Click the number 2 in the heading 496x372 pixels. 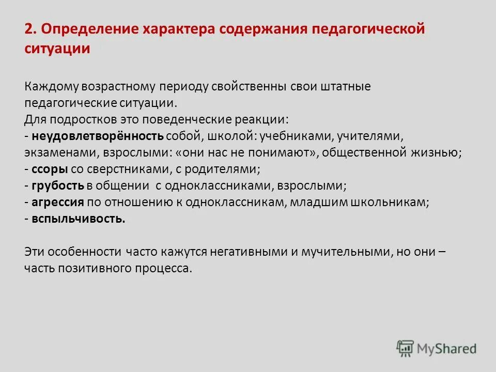[x=28, y=29]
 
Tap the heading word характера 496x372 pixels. [x=175, y=29]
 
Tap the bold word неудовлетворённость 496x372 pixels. [x=98, y=136]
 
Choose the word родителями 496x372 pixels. [x=228, y=169]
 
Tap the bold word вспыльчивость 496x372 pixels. [x=78, y=219]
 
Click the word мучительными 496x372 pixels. [x=346, y=252]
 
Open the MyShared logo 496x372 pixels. [x=437, y=348]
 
